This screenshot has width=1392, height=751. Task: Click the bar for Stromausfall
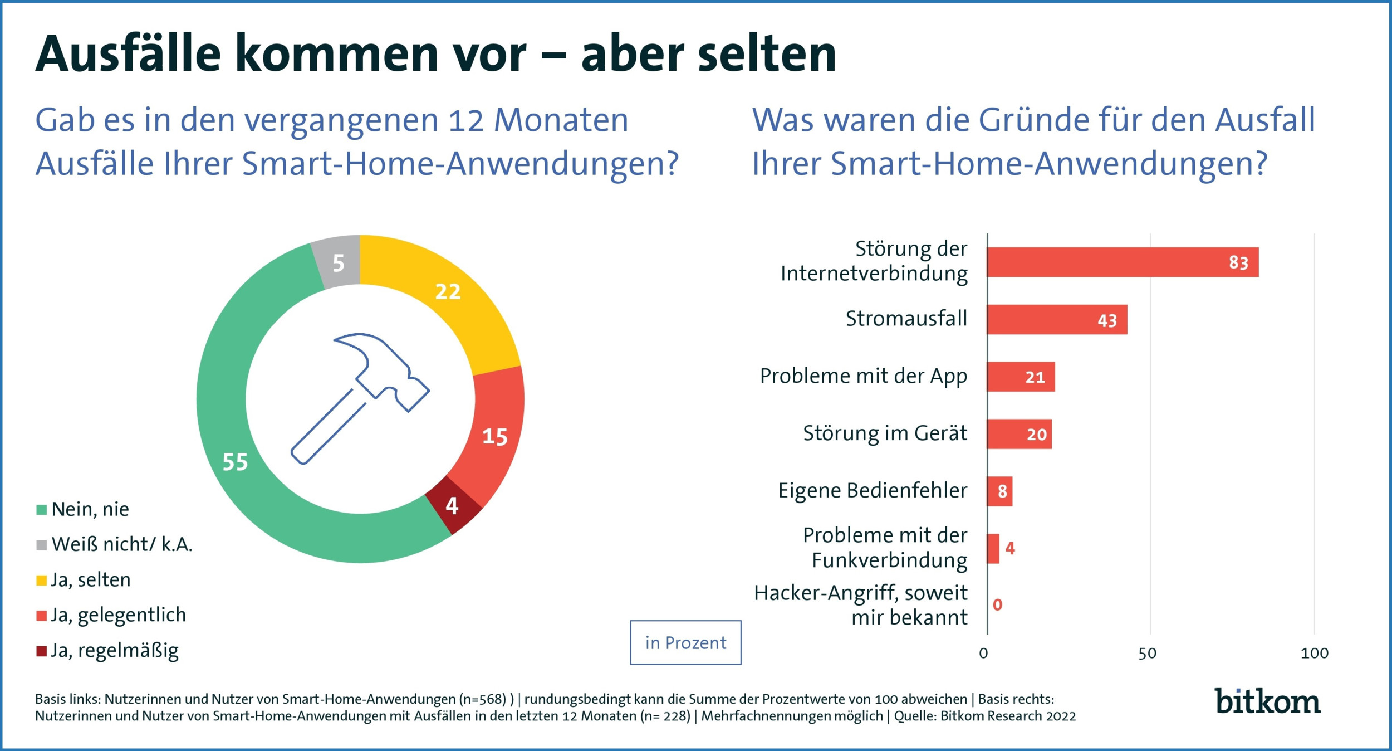(x=1056, y=320)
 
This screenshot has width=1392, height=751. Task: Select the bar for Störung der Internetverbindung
(x=1122, y=262)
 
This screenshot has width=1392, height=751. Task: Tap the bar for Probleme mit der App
(x=1021, y=377)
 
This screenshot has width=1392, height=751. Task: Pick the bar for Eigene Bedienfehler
(x=999, y=491)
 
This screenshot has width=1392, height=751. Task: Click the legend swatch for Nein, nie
(x=41, y=510)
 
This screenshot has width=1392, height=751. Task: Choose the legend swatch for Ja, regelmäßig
(x=41, y=651)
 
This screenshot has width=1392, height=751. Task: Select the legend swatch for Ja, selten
(x=41, y=581)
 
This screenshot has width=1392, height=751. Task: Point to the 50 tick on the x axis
(x=1148, y=654)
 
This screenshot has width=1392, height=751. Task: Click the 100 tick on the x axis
(x=1314, y=654)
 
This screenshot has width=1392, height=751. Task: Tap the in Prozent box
(x=685, y=643)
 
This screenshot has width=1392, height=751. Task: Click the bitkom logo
(x=1267, y=701)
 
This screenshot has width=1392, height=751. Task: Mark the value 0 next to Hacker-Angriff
(x=997, y=605)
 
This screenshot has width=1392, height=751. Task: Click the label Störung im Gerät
(x=885, y=433)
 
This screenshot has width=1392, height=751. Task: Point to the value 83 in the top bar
(x=1238, y=263)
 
